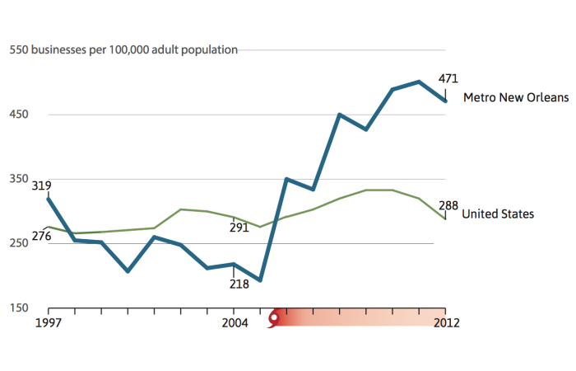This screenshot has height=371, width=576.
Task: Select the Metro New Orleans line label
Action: point(516,97)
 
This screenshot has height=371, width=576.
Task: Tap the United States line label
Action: point(498,214)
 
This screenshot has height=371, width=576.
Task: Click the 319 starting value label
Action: point(41,185)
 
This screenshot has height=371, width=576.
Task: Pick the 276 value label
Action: point(41,237)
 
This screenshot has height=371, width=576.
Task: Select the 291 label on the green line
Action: point(239,228)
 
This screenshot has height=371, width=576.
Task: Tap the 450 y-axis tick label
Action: point(19,114)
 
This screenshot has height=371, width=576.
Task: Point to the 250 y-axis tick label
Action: point(19,243)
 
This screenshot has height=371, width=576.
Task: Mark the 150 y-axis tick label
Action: point(19,308)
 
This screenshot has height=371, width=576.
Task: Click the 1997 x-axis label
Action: point(49,322)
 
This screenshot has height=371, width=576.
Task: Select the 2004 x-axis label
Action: point(235,322)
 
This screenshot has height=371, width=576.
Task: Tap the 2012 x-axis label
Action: point(446,322)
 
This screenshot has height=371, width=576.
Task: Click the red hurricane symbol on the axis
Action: point(274,317)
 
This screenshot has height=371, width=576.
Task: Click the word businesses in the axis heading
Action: point(62,49)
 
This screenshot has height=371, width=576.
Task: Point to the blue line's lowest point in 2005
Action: point(260,280)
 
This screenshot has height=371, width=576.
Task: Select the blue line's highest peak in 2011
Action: point(420,82)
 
